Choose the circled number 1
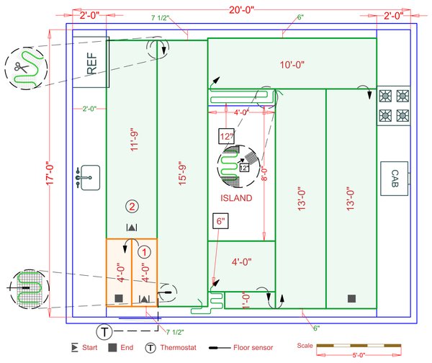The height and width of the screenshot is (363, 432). [x=144, y=252]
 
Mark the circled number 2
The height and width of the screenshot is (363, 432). [x=131, y=207]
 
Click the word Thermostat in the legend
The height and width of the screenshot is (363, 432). [x=181, y=347]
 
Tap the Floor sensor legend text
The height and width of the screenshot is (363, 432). [x=255, y=347]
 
